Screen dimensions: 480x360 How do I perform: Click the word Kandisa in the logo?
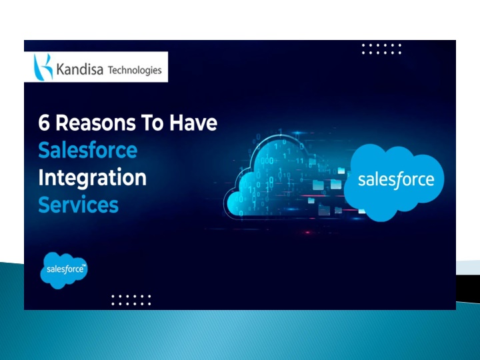[79, 69]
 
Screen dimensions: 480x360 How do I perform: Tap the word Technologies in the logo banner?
[135, 71]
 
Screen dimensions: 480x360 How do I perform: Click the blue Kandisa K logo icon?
[43, 67]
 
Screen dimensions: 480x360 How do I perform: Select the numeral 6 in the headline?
[44, 123]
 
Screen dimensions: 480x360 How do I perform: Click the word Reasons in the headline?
[95, 123]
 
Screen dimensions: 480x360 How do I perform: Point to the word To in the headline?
[152, 123]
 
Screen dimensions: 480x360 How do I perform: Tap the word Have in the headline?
[193, 123]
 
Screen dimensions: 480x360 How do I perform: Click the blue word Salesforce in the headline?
[88, 150]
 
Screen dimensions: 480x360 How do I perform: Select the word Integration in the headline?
[93, 177]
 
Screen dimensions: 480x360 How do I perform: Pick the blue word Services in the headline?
[79, 205]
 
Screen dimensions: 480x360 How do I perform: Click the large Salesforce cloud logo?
[394, 182]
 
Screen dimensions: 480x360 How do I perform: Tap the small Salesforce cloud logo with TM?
[64, 270]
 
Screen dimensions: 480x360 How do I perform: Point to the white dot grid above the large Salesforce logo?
[381, 49]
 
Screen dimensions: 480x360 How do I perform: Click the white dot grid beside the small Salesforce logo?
[131, 300]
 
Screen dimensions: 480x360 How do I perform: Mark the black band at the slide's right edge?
[468, 289]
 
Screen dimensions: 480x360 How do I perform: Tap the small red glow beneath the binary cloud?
[307, 233]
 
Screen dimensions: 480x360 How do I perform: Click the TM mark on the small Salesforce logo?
[84, 265]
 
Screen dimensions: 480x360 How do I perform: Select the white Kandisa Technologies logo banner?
[96, 67]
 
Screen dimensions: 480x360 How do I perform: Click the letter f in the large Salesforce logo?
[398, 181]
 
